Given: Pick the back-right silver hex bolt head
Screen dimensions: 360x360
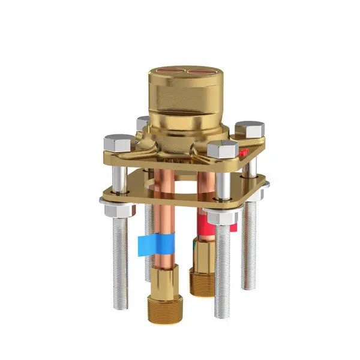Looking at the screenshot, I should tap(250, 128).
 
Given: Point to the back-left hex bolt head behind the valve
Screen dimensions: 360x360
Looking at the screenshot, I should tap(142, 122).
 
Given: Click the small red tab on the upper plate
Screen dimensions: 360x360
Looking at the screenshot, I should tap(243, 153).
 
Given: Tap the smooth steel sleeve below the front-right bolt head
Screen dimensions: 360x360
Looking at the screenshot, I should tap(223, 185).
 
